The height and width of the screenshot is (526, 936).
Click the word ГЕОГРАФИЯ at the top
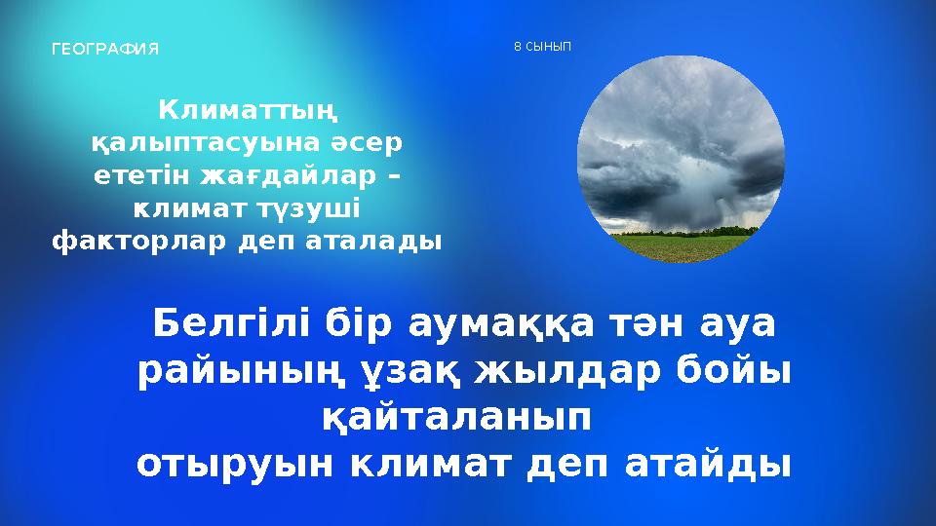coord(104,48)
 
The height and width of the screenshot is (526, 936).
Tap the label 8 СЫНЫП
coord(542,46)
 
